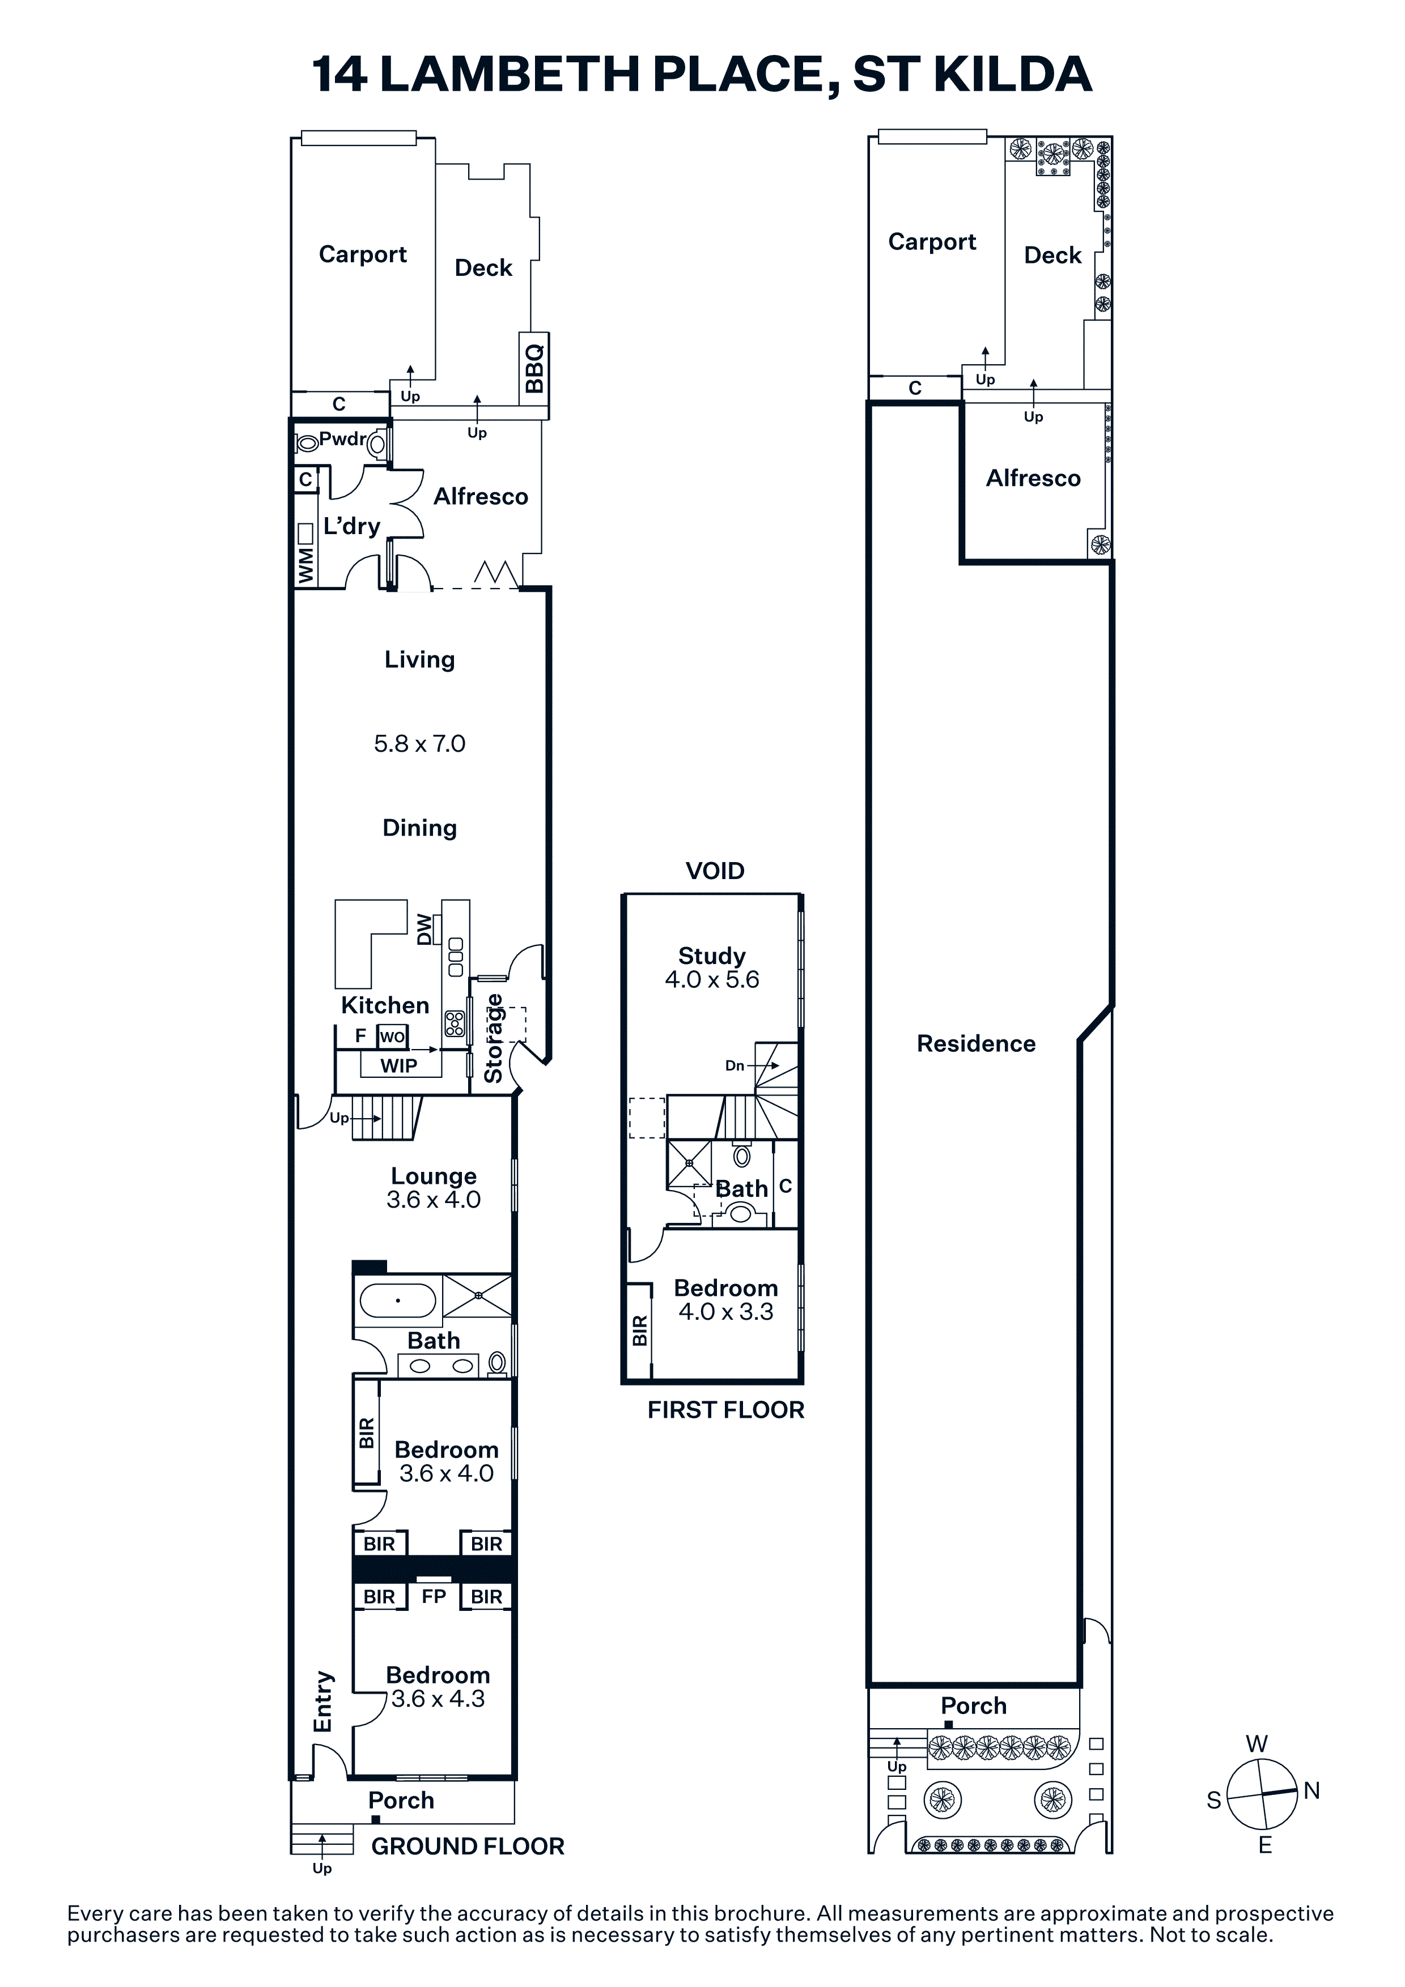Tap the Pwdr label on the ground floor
pyautogui.click(x=343, y=439)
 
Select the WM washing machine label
pyautogui.click(x=305, y=565)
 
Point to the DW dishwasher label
pyautogui.click(x=424, y=929)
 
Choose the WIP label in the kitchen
pyautogui.click(x=399, y=1066)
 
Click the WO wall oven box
pyautogui.click(x=392, y=1037)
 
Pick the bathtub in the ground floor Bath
pyautogui.click(x=398, y=1300)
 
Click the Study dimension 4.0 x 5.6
pyautogui.click(x=712, y=980)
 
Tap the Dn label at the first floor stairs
pyautogui.click(x=735, y=1065)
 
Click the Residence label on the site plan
pyautogui.click(x=977, y=1044)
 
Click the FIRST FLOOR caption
pyautogui.click(x=727, y=1410)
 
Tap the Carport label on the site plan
pyautogui.click(x=932, y=242)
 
